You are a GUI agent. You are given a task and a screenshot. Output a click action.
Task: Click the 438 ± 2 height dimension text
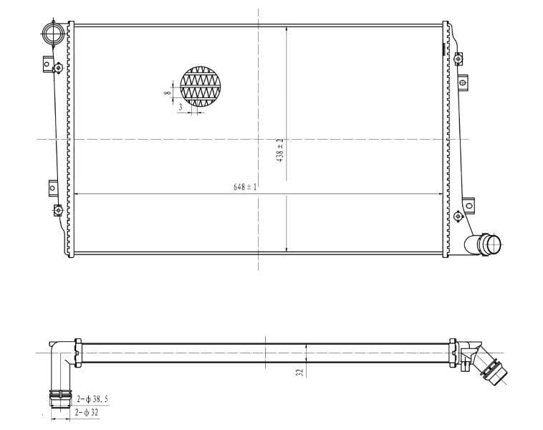[281, 150]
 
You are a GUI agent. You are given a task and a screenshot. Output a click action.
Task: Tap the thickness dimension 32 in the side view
[300, 372]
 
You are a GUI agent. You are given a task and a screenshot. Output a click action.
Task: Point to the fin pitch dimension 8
[167, 93]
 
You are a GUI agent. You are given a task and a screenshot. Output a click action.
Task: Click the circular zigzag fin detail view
[201, 88]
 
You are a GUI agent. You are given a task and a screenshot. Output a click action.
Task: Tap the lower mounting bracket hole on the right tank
[470, 206]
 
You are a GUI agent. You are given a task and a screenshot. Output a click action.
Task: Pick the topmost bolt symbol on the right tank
[458, 56]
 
